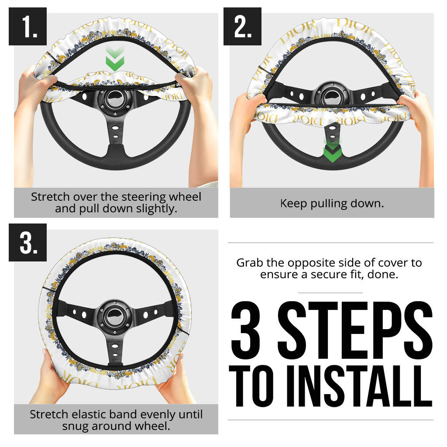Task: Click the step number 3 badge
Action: [28, 242]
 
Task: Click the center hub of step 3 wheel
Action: [115, 314]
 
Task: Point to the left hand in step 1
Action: [35, 87]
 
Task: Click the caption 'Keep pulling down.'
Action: [332, 203]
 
